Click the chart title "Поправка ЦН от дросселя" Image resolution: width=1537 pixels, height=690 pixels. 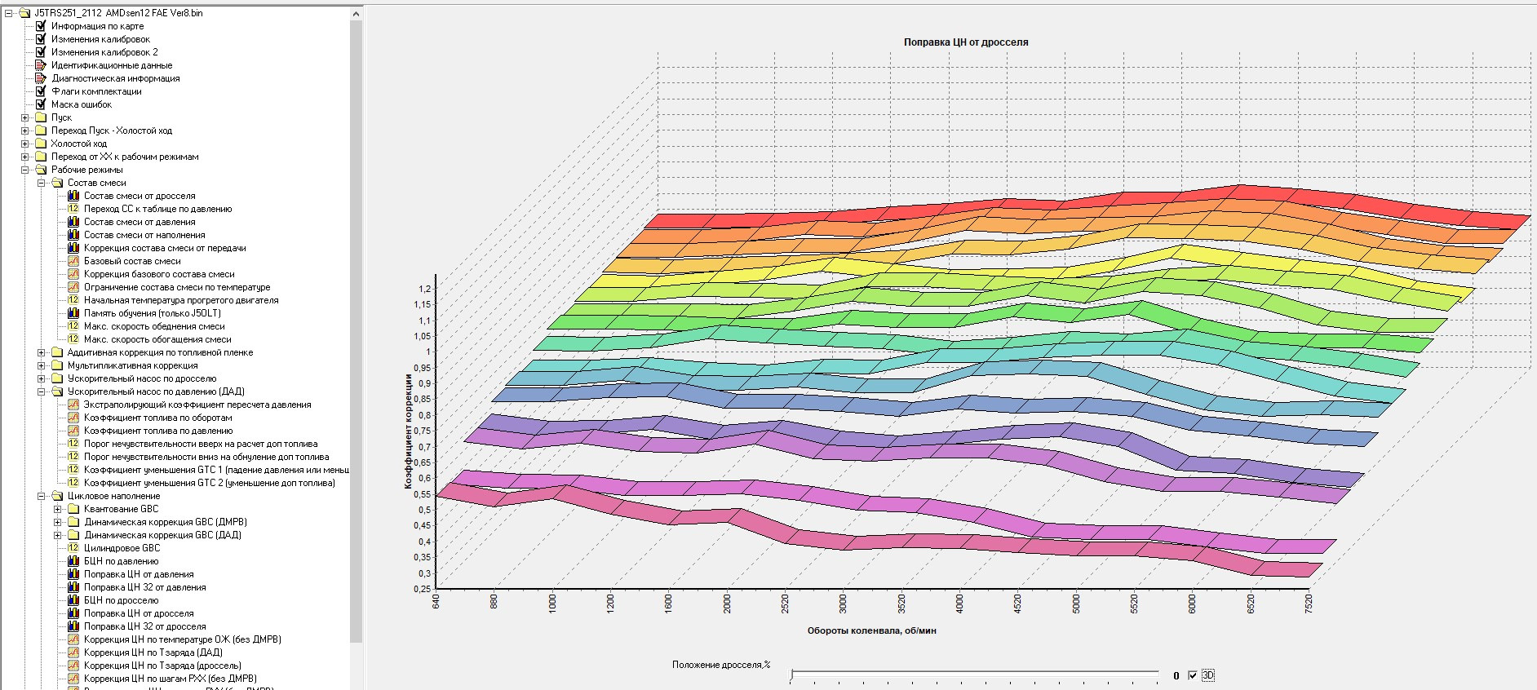pos(965,42)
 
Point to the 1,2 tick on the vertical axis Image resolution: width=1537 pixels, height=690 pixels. pos(424,289)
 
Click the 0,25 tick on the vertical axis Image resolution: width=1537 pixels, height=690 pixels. pos(423,589)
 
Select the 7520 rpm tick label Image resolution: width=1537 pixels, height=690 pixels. pos(1309,604)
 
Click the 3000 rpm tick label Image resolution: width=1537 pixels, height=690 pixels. pos(844,604)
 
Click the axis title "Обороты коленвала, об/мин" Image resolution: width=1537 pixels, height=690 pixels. pos(871,630)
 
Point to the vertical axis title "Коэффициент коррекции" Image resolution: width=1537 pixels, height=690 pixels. pos(408,431)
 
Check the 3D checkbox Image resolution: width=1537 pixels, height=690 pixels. pos(1193,675)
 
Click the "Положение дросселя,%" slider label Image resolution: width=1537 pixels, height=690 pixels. pos(720,665)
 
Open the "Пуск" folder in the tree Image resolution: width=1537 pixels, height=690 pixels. pos(61,117)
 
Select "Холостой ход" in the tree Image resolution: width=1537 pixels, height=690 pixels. pos(78,144)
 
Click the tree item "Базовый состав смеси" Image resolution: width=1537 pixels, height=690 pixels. pos(132,261)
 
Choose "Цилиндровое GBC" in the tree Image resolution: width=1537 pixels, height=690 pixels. pos(122,548)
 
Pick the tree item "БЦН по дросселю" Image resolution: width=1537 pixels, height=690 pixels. pos(121,600)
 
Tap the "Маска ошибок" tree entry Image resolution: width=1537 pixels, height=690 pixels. pos(82,104)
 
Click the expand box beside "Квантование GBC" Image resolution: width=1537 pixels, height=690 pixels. pos(58,509)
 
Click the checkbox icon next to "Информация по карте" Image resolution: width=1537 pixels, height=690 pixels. pos(41,26)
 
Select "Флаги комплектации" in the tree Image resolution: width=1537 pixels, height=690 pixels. pos(96,91)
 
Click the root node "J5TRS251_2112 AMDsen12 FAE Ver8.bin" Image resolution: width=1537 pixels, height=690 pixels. pos(118,13)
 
